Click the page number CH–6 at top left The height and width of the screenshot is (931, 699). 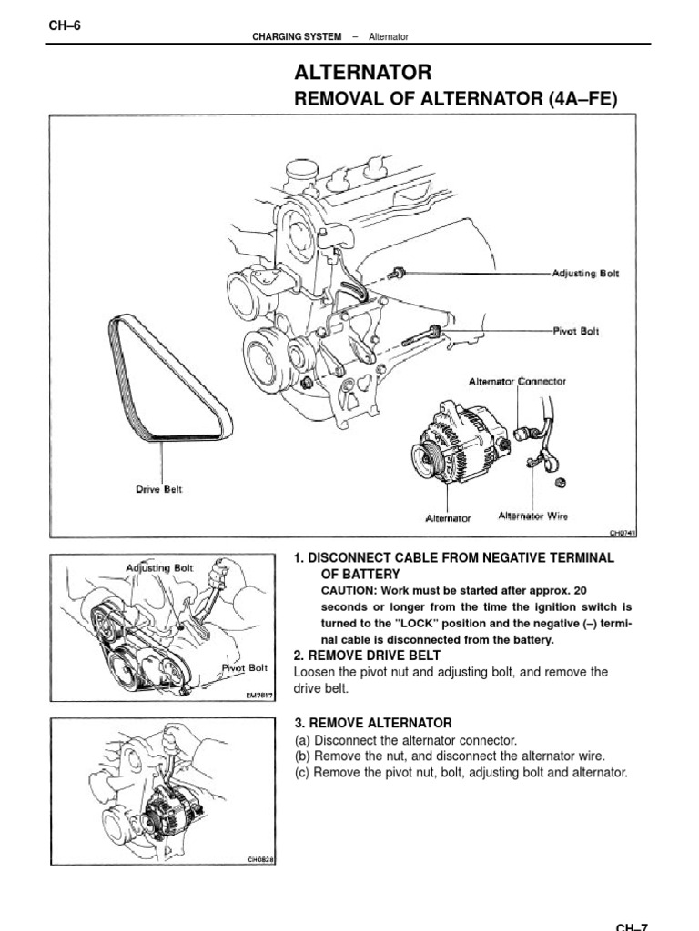65,25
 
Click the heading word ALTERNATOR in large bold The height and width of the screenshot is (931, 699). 362,73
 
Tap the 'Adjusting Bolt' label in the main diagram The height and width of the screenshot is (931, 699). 585,274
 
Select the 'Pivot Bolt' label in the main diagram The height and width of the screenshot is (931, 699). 577,332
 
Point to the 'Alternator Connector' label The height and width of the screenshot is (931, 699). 517,382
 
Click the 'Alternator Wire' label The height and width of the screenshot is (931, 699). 533,516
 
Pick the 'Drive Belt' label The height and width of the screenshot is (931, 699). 159,489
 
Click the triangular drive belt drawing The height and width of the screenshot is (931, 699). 168,382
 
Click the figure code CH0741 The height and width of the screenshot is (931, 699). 623,535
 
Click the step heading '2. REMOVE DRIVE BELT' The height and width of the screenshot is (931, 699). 367,656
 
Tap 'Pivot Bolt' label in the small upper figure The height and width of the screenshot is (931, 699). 245,667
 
